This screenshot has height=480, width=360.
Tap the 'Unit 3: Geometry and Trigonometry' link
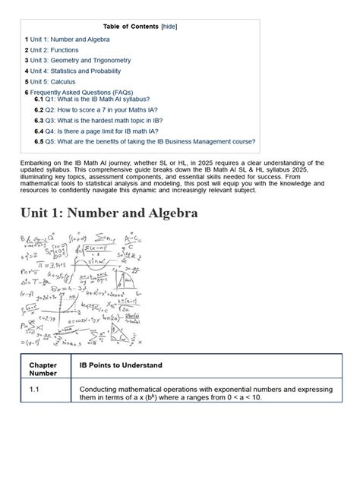pyautogui.click(x=81, y=60)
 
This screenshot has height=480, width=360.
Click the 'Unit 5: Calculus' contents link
pyautogui.click(x=52, y=81)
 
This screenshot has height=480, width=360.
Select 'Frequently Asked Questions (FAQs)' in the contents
pyautogui.click(x=86, y=92)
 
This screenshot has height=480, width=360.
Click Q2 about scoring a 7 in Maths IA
pyautogui.click(x=112, y=109)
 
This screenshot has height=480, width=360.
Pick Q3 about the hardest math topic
pyautogui.click(x=109, y=120)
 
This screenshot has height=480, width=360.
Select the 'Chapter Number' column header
pyautogui.click(x=43, y=370)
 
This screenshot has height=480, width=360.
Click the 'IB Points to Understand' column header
pyautogui.click(x=120, y=365)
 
